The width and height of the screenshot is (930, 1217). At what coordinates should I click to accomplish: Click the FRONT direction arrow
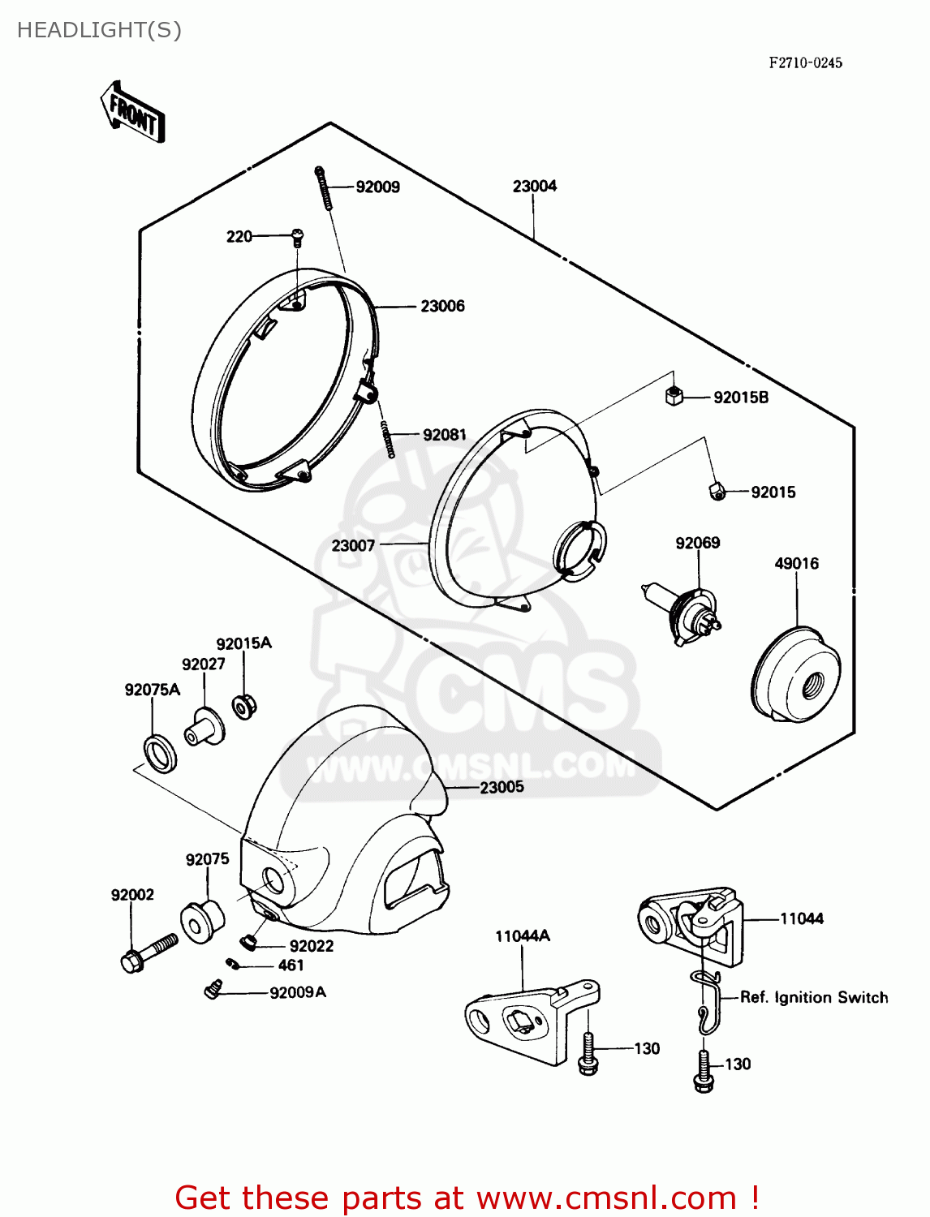pos(132,112)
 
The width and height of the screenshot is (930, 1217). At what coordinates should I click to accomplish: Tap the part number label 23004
pos(534,186)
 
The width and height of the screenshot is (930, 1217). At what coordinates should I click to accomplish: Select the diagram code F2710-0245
pos(805,62)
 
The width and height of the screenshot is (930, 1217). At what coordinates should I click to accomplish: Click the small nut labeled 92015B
pos(674,397)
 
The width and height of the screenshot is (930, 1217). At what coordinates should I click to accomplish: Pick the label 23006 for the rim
pos(442,306)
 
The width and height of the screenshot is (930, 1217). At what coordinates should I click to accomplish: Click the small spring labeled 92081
pos(388,439)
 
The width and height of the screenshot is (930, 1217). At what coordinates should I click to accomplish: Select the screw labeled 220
pos(297,236)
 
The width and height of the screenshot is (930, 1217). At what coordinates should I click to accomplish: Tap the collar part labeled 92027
pos(204,725)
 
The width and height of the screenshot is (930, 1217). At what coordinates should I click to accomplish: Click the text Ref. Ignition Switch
pos(813,997)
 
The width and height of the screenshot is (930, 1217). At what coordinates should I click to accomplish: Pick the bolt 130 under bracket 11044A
pos(588,1053)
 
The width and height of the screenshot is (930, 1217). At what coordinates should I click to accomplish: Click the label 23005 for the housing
pos(502,787)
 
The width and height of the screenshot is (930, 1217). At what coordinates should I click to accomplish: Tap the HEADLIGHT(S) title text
pos(99,30)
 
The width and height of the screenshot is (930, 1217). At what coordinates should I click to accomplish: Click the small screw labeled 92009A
pos(213,990)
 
